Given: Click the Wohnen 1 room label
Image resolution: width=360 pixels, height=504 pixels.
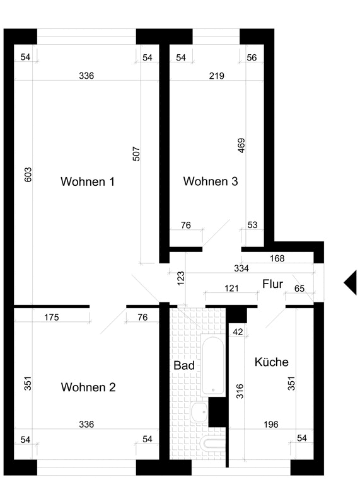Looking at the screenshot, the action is (88, 181).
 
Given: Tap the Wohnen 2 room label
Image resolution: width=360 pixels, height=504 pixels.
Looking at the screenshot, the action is (88, 387).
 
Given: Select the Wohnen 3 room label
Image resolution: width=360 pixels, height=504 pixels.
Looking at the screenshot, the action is (211, 181).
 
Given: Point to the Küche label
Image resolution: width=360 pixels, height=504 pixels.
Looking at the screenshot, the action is (272, 362).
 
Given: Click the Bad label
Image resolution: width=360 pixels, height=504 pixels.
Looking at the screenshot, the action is (184, 365).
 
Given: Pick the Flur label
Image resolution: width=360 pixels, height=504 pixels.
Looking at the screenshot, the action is (272, 284).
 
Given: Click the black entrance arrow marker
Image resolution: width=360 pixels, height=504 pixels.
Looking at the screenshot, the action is (351, 282).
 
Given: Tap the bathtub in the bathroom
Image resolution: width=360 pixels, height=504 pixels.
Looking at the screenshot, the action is (212, 365).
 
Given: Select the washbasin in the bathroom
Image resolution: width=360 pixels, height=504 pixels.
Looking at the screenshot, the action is (199, 412).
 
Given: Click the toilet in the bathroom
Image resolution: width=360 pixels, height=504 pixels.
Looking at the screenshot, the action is (213, 444).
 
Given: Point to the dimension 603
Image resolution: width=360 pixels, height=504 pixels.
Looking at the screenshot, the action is (28, 175).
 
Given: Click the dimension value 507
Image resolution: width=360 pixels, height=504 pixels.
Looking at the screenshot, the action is (136, 154).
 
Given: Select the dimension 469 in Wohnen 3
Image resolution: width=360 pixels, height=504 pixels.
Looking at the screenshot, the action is (241, 146).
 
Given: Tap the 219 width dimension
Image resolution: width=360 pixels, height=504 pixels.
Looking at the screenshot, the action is (216, 76).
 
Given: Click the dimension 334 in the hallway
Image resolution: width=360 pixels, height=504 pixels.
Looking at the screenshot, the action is (241, 268).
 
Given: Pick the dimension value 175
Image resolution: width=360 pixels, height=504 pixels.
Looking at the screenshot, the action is (52, 318).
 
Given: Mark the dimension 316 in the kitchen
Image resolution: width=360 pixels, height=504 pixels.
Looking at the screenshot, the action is (240, 391).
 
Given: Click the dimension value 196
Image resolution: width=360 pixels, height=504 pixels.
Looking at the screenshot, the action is (271, 425).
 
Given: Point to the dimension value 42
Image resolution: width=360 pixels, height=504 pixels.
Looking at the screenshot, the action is (238, 332).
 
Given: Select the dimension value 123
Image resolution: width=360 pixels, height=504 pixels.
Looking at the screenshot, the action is (181, 278).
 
